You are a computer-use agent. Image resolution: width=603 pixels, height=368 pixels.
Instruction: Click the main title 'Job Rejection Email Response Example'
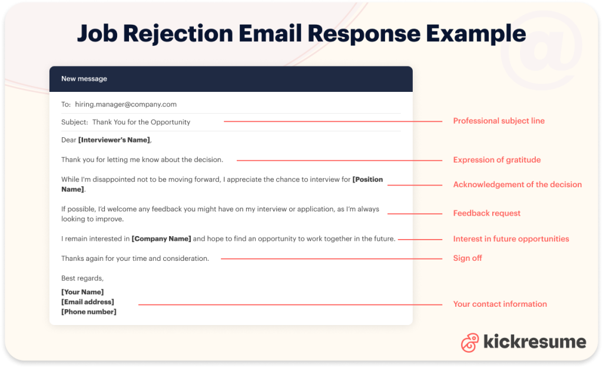coord(301,34)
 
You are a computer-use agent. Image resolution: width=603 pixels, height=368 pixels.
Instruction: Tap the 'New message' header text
coord(84,79)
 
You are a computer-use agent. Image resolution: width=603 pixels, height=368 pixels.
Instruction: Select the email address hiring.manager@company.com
coord(125,104)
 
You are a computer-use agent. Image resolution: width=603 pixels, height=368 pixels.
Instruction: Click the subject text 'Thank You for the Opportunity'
coord(141,122)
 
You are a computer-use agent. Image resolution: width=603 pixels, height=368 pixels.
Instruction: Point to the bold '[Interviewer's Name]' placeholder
coord(114,140)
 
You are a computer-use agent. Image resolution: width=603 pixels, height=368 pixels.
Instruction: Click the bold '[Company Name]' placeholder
coord(161,239)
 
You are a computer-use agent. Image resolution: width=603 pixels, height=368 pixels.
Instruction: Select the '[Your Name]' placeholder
coord(82,292)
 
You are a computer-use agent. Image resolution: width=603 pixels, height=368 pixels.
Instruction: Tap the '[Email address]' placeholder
coord(88,302)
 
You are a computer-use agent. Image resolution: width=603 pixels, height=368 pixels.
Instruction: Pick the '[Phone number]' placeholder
coord(89,312)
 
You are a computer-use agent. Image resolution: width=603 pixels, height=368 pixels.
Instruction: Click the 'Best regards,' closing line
coord(82,278)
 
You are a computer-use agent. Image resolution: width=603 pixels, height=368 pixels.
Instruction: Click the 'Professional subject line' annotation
coord(498,121)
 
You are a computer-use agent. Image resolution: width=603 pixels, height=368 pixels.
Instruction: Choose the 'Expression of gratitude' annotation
coord(496,160)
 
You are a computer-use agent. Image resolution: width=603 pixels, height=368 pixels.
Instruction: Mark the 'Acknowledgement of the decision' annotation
coord(517,185)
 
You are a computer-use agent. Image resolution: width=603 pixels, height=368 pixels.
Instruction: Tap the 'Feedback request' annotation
coord(486,213)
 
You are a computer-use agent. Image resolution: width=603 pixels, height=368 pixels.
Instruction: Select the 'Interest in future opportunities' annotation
coord(511,239)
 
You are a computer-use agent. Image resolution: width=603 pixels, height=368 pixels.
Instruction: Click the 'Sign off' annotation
coord(468,258)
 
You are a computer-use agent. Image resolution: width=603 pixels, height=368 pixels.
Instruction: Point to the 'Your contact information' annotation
coord(499,304)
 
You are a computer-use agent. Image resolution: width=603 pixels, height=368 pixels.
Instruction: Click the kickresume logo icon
coord(470,343)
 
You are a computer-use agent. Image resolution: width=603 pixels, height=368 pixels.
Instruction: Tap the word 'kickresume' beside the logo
coord(534,342)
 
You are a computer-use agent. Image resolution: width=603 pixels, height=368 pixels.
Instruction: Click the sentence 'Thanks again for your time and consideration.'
coord(135,258)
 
